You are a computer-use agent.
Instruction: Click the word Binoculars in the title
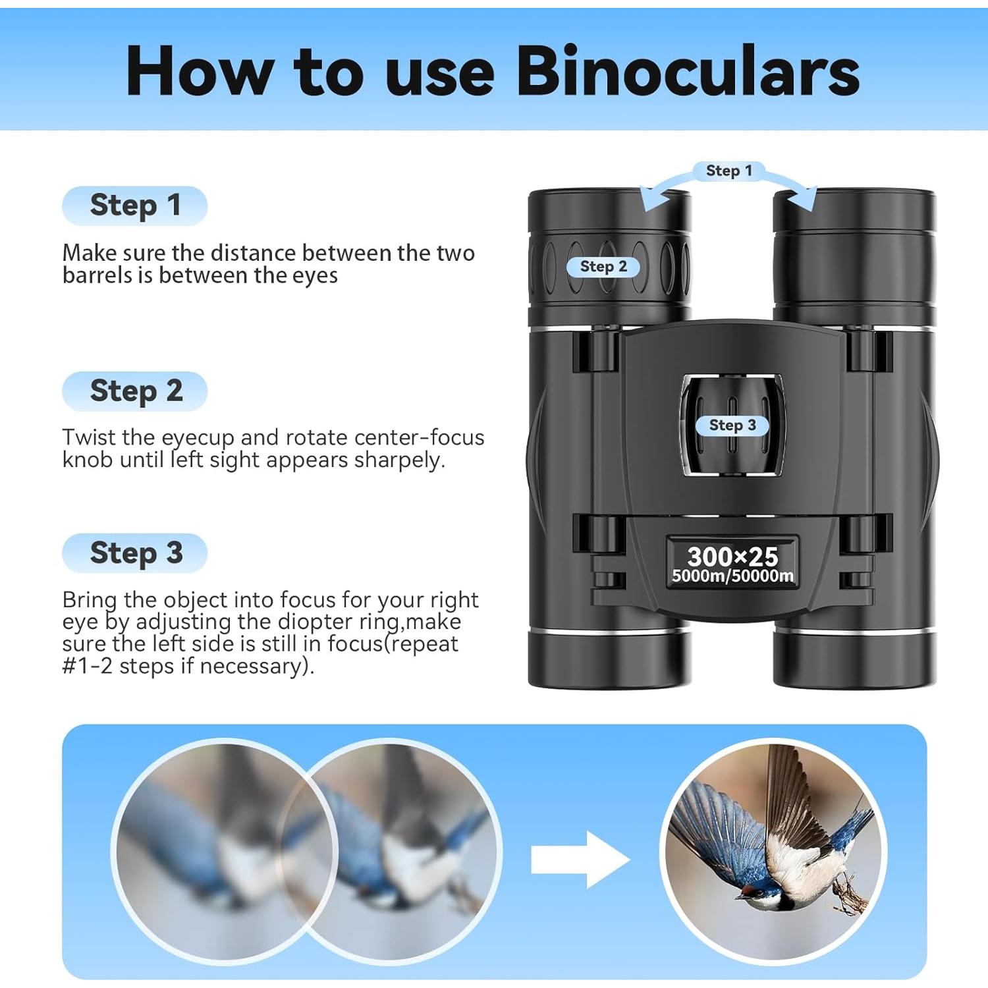(x=688, y=71)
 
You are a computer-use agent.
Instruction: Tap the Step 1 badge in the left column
(x=135, y=206)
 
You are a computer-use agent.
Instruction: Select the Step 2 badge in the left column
(x=135, y=391)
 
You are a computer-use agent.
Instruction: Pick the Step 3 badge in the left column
(x=135, y=553)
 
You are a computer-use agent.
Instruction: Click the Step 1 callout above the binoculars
(x=728, y=171)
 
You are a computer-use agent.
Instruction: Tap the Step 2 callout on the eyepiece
(x=603, y=267)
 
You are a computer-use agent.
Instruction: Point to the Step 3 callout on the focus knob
(x=732, y=425)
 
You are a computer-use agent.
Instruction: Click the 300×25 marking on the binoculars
(x=732, y=557)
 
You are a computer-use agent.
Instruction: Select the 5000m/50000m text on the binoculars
(x=732, y=576)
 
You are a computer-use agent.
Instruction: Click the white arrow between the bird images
(x=580, y=860)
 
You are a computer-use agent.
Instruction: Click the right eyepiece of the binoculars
(x=854, y=250)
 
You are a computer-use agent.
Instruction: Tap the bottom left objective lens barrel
(x=609, y=659)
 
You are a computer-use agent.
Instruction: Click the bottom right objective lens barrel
(x=854, y=659)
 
